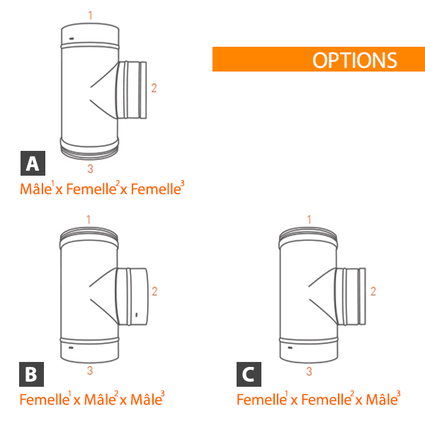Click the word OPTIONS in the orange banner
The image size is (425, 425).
pyautogui.click(x=355, y=60)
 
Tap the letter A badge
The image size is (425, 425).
pyautogui.click(x=33, y=163)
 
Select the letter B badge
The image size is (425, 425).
pyautogui.click(x=31, y=374)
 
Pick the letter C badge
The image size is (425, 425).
pyautogui.click(x=249, y=374)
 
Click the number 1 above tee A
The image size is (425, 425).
pyautogui.click(x=91, y=15)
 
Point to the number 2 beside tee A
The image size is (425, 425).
pyautogui.click(x=154, y=88)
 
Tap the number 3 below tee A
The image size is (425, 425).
pyautogui.click(x=90, y=169)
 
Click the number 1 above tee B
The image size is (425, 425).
pyautogui.click(x=89, y=220)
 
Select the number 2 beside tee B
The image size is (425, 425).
pyautogui.click(x=154, y=291)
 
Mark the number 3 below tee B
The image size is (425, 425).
pyautogui.click(x=90, y=370)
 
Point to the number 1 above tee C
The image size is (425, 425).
pyautogui.click(x=309, y=220)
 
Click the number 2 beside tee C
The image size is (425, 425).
pyautogui.click(x=373, y=291)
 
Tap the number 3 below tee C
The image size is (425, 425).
pyautogui.click(x=309, y=371)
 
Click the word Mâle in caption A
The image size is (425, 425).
pyautogui.click(x=35, y=189)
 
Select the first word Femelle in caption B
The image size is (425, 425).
pyautogui.click(x=45, y=399)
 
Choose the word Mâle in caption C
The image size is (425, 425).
pyautogui.click(x=382, y=399)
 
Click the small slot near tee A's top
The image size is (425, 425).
pyautogui.click(x=72, y=38)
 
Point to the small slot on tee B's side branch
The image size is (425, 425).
pyautogui.click(x=136, y=314)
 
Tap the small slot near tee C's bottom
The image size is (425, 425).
pyautogui.click(x=290, y=348)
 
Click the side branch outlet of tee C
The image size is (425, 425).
pyautogui.click(x=350, y=296)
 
